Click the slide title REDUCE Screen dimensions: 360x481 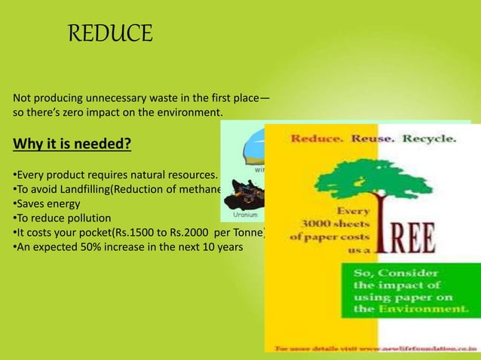(x=110, y=34)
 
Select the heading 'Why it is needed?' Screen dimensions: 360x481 (x=68, y=143)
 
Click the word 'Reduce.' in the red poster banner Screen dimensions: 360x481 (x=317, y=139)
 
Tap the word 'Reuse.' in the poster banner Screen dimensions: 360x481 (x=374, y=139)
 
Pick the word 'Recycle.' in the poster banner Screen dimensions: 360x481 (x=428, y=139)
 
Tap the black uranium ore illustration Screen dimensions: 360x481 (x=246, y=196)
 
